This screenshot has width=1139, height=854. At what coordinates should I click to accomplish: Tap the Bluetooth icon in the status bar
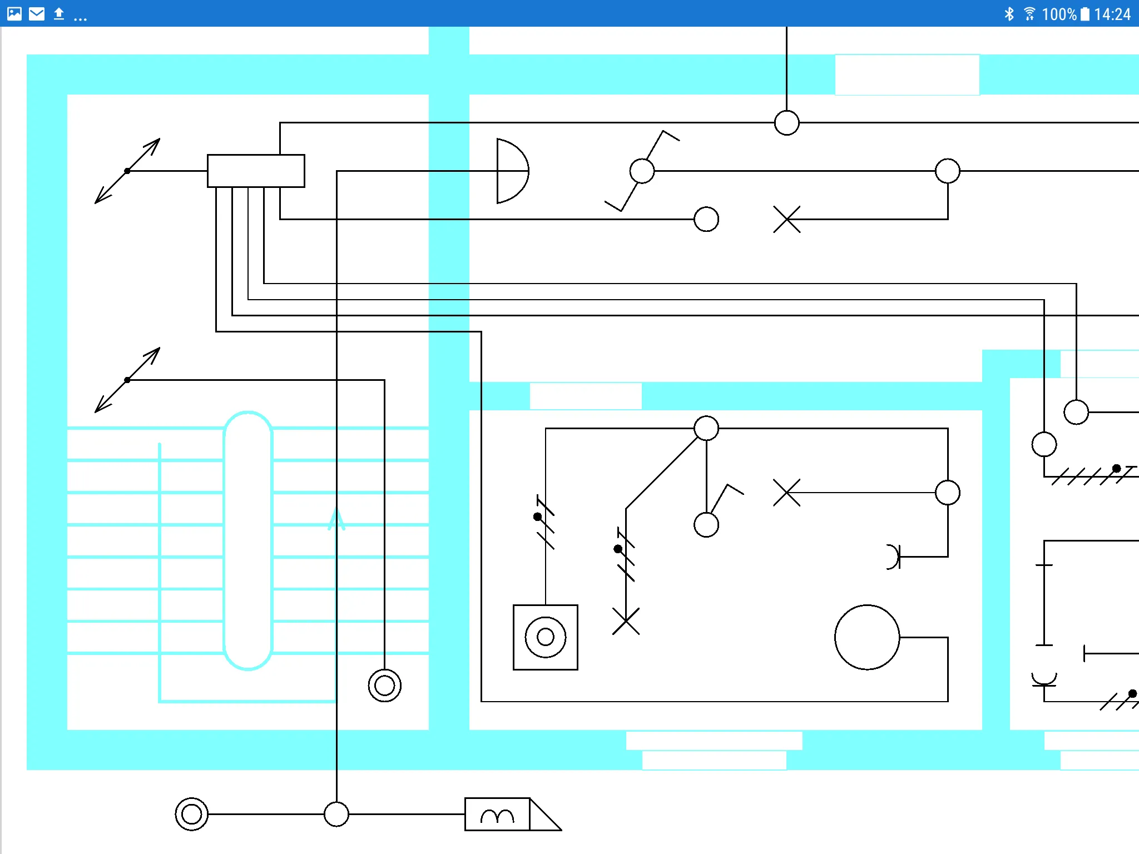(1009, 14)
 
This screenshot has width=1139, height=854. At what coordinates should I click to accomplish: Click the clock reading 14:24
(1112, 14)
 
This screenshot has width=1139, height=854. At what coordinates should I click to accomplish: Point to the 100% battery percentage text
(1059, 14)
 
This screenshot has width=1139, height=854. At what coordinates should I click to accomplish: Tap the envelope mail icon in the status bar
(37, 14)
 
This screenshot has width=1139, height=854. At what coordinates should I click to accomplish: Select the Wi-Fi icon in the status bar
(1029, 14)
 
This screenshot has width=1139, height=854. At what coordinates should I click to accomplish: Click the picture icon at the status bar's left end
(14, 14)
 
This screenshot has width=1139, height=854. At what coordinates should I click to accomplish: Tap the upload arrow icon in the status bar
(59, 14)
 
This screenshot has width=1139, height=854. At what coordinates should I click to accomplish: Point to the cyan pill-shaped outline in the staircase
(224, 540)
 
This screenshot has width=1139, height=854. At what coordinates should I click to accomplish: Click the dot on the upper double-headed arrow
(127, 171)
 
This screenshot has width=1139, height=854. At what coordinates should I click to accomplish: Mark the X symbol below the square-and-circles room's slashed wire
(626, 621)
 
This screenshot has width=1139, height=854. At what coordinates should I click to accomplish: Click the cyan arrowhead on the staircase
(336, 519)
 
